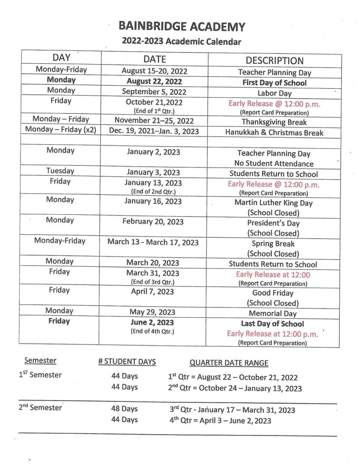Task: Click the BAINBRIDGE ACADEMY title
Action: coord(182,26)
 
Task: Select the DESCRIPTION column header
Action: coord(274,61)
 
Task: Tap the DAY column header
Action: coord(61,58)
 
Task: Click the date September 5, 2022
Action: coord(154,92)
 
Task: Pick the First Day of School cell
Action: coord(274,83)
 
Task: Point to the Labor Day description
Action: coord(274,93)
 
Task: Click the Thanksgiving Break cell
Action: coord(274,122)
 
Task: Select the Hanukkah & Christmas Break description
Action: coord(274,132)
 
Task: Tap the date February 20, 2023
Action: coord(153,222)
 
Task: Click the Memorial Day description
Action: coord(273,314)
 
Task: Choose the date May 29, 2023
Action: coord(152,313)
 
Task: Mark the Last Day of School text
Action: coord(273,324)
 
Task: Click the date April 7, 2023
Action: coord(152,292)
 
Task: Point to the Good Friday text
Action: coord(273,293)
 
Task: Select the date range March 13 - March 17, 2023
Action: coord(153,242)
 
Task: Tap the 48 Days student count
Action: coord(124,409)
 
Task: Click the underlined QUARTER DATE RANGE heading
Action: coord(228,363)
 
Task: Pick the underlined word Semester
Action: coord(41,360)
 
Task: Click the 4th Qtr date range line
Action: coord(220,420)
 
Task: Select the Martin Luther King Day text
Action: coord(274,203)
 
